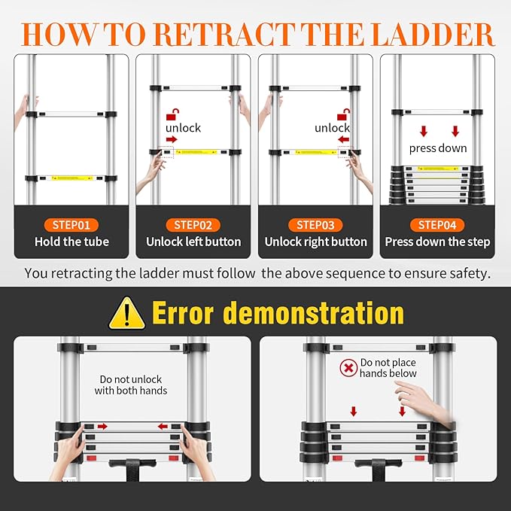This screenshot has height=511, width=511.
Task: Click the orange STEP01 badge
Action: [71, 224]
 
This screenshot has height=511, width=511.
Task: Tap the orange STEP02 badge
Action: [193, 224]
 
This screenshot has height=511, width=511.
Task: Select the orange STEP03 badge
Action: [315, 224]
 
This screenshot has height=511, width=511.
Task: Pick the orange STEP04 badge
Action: [437, 224]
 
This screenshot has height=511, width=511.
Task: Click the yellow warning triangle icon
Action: [127, 314]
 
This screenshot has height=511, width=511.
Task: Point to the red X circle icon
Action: [348, 368]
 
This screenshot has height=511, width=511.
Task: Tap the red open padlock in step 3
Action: [343, 114]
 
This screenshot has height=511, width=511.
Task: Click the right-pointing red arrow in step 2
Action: [172, 139]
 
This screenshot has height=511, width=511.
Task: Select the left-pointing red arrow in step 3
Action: [344, 139]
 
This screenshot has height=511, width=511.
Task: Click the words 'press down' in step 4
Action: [438, 148]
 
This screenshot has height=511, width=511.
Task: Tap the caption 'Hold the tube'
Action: [71, 242]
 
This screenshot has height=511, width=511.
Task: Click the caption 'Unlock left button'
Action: [193, 242]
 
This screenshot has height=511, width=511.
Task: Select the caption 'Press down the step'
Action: [437, 242]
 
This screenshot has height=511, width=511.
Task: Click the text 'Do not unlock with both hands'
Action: [131, 385]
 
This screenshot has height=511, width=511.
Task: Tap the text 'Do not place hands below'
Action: [388, 368]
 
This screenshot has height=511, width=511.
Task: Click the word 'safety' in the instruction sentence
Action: [469, 272]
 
